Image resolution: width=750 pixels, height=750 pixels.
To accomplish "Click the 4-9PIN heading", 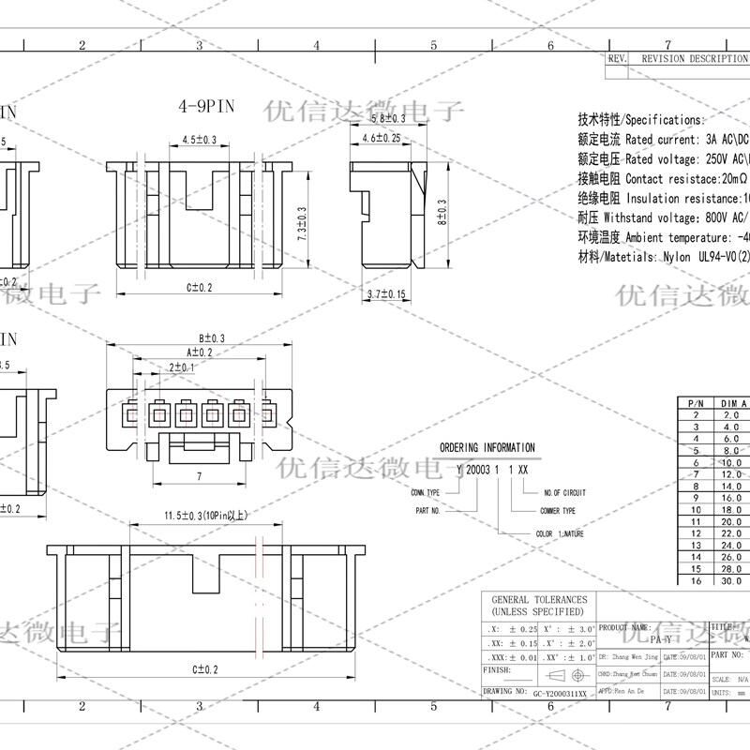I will click(206, 107).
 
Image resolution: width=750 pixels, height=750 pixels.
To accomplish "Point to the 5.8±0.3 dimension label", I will click(388, 119).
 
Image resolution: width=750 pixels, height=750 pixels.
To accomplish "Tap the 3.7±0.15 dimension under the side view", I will click(386, 294).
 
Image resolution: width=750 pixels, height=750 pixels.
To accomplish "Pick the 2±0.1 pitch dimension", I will click(181, 368).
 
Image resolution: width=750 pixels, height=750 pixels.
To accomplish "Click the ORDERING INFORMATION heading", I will click(487, 448).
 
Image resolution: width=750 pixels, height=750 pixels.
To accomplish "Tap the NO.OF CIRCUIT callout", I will click(564, 492).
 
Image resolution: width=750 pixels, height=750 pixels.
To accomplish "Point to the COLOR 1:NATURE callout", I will click(560, 533).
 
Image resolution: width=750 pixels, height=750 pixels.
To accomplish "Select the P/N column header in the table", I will click(696, 402).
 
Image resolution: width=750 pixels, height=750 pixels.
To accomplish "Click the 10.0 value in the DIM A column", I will click(731, 462).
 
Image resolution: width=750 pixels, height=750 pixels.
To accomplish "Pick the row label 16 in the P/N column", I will click(696, 581).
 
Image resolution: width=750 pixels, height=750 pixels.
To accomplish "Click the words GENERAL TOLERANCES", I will click(539, 599).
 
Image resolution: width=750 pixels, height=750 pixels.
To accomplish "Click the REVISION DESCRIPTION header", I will click(693, 58).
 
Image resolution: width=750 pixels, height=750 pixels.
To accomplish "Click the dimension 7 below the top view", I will click(199, 476).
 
